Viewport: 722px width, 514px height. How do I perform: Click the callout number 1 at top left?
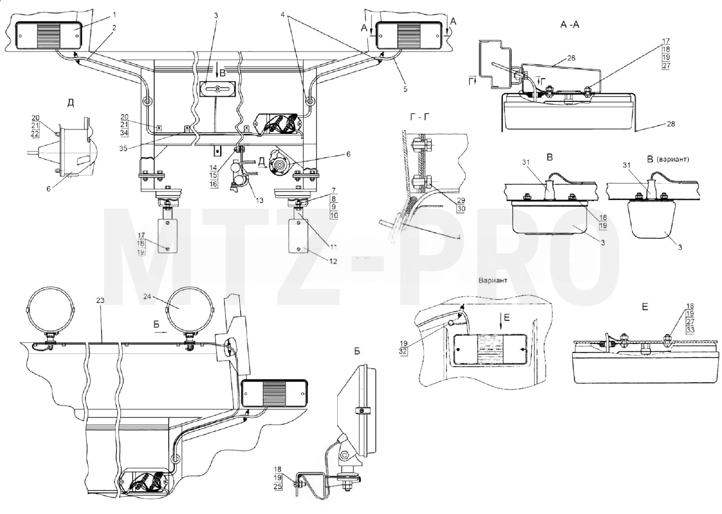pyautogui.click(x=114, y=15)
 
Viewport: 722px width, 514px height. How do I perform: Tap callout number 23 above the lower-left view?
pyautogui.click(x=100, y=300)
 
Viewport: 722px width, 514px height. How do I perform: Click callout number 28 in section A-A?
pyautogui.click(x=671, y=124)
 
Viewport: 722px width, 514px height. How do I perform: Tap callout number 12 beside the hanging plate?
pyautogui.click(x=333, y=261)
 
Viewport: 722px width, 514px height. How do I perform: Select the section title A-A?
pyautogui.click(x=570, y=24)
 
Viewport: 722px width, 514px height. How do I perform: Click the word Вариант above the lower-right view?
pyautogui.click(x=493, y=281)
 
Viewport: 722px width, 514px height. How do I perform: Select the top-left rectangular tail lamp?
pyautogui.click(x=48, y=35)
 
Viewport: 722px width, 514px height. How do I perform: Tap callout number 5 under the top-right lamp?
pyautogui.click(x=405, y=89)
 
